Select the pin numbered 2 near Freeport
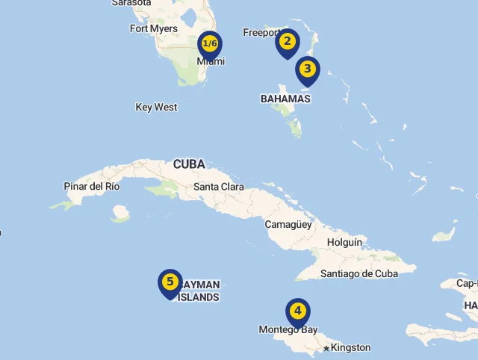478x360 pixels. (288, 43)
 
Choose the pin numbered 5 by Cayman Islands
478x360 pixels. (170, 282)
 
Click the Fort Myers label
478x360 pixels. (154, 29)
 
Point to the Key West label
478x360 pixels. (156, 108)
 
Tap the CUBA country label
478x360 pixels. (189, 164)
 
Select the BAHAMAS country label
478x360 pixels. (285, 99)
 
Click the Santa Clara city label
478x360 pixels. (218, 187)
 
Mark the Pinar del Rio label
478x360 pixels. (92, 187)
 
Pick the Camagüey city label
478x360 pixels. (288, 224)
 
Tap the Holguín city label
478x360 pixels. (344, 243)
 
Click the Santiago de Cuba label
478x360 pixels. (359, 274)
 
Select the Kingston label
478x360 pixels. (350, 347)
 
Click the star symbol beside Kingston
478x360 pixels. (326, 348)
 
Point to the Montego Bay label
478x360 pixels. (288, 330)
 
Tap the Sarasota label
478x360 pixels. (131, 3)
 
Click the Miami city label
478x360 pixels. (211, 62)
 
